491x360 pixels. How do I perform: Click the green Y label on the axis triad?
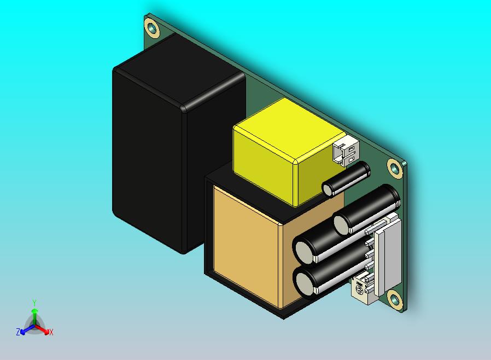34,303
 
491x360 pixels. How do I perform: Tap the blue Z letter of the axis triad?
18,332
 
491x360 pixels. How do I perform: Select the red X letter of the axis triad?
51,332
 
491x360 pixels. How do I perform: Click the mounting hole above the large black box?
152,27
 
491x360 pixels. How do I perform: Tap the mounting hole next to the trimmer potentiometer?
395,301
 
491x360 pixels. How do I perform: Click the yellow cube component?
289,152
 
